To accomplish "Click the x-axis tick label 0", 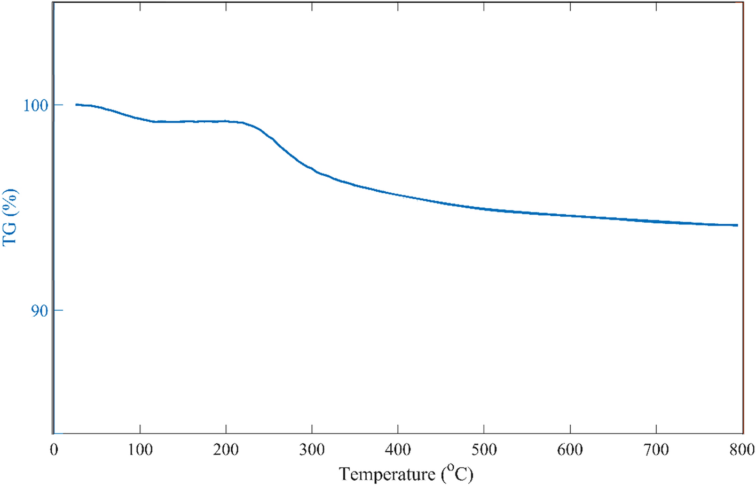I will pos(54,450).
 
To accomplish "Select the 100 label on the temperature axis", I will pos(140,450).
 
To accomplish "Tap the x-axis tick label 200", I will pos(226,450).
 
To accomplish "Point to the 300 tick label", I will pos(312,450).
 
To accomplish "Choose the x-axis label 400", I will pos(398,450).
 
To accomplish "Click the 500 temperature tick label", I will pos(484,450).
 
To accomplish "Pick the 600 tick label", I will pos(570,450).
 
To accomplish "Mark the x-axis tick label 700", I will pos(656,450).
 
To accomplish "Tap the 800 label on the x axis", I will pos(741,450).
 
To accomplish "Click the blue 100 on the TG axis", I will pos(35,105).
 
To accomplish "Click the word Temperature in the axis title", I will pos(387,474).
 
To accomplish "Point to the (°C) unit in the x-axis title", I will pos(458,473).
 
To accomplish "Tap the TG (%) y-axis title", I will pos(10,217).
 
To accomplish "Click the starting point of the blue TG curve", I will pos(76,105).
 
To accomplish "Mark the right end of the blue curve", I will pos(737,225).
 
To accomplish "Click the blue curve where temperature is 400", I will pos(398,194).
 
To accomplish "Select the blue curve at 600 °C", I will pos(570,216).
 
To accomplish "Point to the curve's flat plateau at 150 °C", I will pos(183,122).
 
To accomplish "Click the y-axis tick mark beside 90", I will pos(58,310).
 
